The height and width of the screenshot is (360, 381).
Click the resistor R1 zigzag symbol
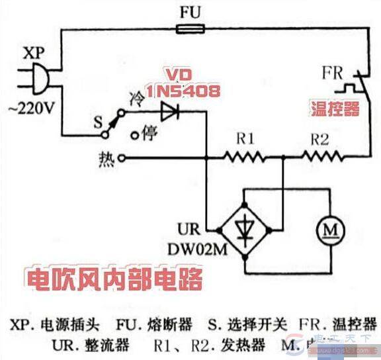[243, 157]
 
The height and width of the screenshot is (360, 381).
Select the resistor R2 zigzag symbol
[322, 157]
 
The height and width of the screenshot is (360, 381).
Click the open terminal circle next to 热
[121, 158]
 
